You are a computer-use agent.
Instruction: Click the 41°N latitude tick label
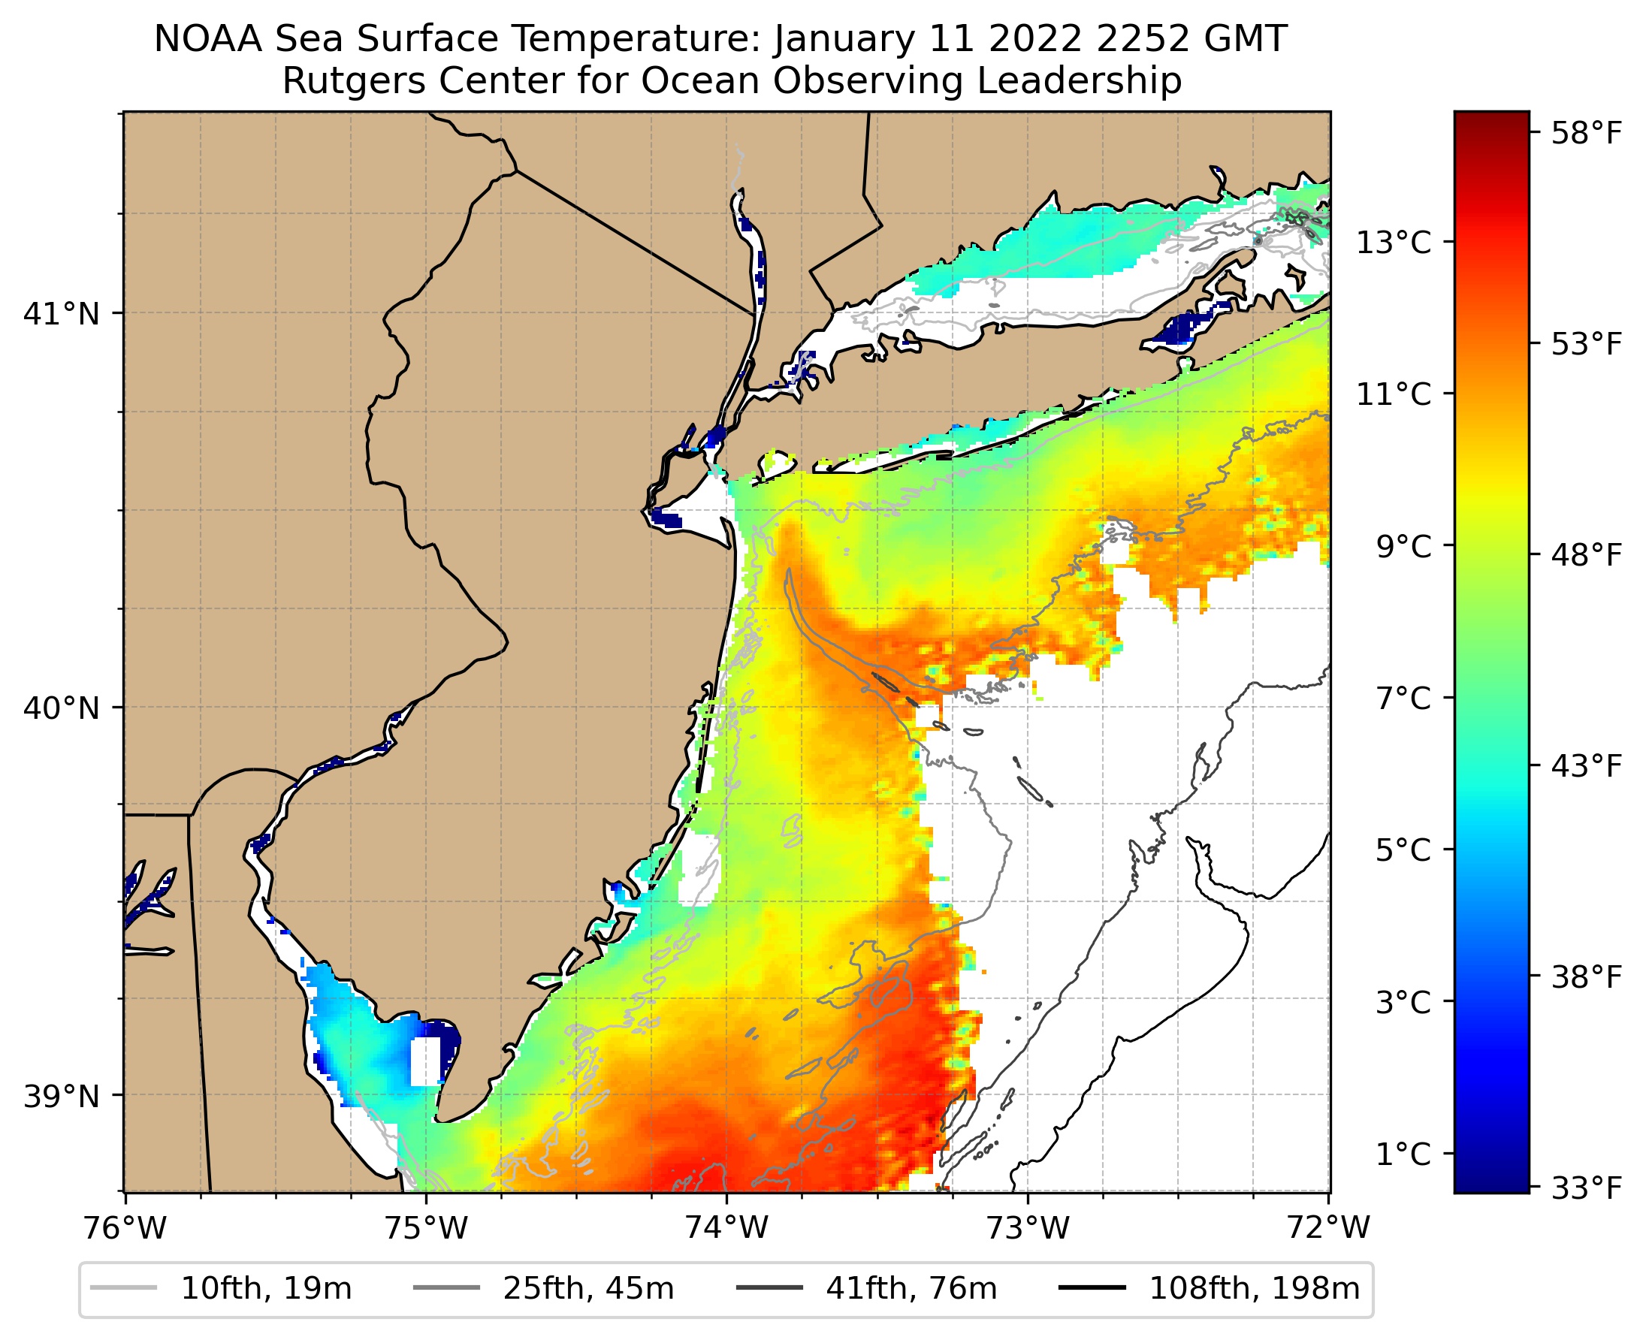coord(62,314)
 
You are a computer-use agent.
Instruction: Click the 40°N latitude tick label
coord(62,708)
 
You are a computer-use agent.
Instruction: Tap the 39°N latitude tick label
coord(62,1096)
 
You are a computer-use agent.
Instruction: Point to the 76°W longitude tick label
coord(125,1228)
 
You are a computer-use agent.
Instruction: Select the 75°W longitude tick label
coord(426,1228)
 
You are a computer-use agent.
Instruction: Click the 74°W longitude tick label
coord(727,1228)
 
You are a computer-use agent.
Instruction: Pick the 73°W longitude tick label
coord(1028,1228)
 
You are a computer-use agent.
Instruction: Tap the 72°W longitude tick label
coord(1328,1228)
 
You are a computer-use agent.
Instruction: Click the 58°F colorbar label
coord(1587,134)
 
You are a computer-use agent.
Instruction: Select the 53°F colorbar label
coord(1587,344)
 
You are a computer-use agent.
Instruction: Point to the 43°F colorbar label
coord(1587,766)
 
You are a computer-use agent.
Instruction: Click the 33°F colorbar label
coord(1587,1189)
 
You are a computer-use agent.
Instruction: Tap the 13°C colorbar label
coord(1394,243)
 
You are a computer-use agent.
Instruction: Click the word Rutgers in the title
coord(342,81)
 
